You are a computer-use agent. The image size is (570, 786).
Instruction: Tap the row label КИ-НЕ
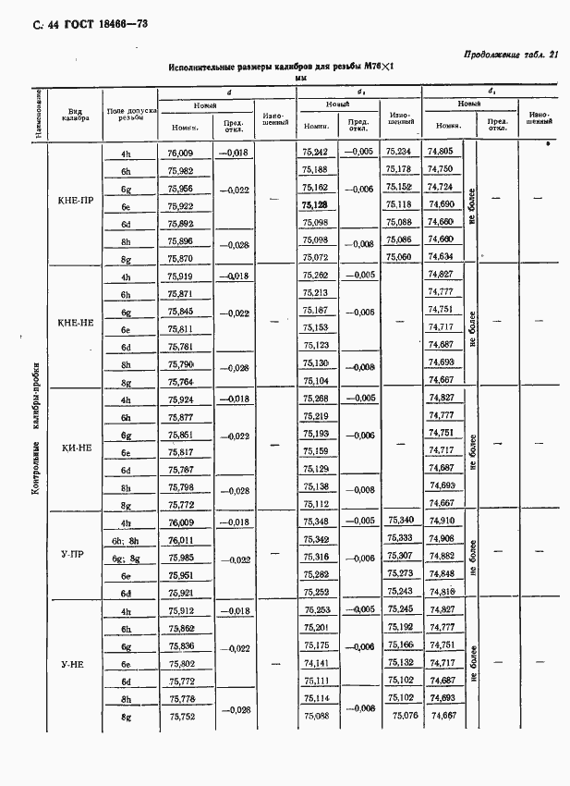[77, 447]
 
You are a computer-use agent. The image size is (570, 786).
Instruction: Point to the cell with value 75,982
[181, 171]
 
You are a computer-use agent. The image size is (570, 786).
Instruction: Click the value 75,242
[316, 152]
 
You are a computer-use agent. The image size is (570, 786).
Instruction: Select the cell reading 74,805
[441, 152]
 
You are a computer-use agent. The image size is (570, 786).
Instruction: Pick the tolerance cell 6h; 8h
[127, 540]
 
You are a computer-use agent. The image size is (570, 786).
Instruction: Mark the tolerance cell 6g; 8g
[127, 558]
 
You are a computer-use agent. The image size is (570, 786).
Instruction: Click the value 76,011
[181, 540]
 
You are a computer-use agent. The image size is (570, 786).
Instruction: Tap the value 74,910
[441, 522]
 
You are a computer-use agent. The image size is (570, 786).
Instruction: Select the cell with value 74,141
[316, 663]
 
